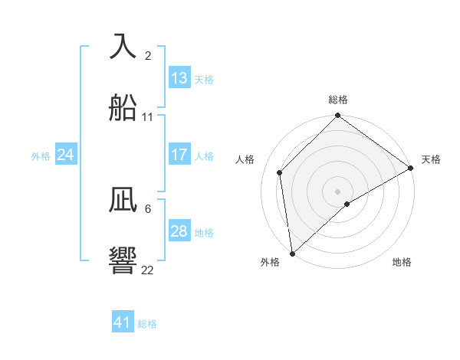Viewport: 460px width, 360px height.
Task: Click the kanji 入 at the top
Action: [x=123, y=46]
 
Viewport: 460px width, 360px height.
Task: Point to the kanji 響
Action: [x=123, y=260]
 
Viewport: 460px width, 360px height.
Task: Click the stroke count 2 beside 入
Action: [x=148, y=55]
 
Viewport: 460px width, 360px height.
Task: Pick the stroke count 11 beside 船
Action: [x=148, y=117]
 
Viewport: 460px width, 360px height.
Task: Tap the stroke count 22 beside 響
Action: [x=148, y=270]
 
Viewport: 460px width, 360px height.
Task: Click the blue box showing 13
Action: [x=179, y=78]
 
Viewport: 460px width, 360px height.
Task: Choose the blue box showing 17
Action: [x=179, y=155]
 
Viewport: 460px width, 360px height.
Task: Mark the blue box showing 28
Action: [x=179, y=231]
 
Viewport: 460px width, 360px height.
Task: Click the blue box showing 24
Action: [x=66, y=155]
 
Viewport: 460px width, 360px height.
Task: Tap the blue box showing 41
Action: [x=123, y=322]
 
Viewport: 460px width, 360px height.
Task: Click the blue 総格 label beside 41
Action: [x=147, y=324]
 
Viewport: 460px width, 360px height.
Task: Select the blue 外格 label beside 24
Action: [x=41, y=155]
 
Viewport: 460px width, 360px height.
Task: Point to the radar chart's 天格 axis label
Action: [x=431, y=159]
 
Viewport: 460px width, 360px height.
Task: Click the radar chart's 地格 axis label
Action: [x=402, y=262]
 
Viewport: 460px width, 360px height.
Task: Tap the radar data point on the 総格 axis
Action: [x=337, y=117]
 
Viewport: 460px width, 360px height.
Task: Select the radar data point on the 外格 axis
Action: [x=292, y=254]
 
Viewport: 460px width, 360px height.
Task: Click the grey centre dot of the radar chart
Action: [x=337, y=191]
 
